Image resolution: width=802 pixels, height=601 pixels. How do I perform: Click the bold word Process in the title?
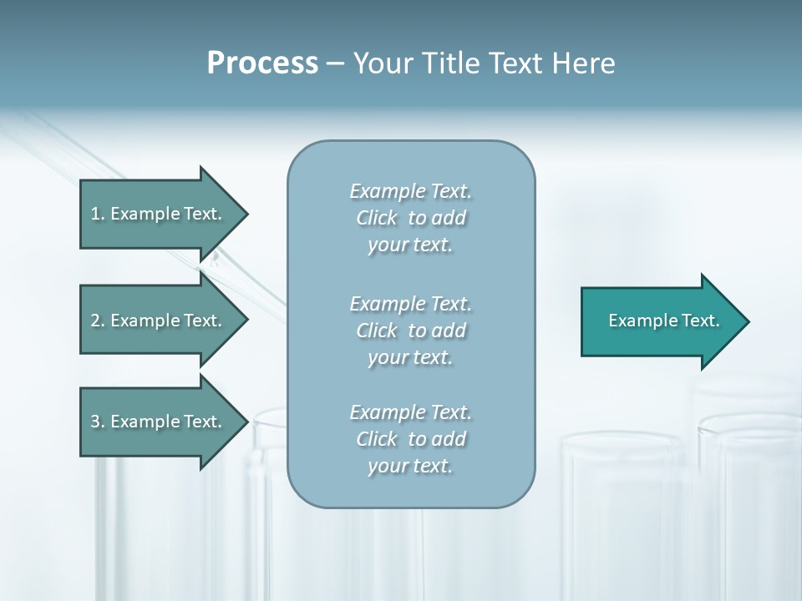(x=262, y=63)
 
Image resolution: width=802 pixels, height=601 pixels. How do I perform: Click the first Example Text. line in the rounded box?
(x=411, y=191)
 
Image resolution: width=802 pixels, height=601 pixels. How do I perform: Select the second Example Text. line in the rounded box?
(x=411, y=304)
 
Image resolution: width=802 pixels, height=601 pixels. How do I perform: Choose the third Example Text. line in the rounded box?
(x=411, y=412)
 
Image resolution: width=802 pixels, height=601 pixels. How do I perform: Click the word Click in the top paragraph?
(x=377, y=218)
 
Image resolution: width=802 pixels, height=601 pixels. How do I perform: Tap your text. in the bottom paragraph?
(x=410, y=466)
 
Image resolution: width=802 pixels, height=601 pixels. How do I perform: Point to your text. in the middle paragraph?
(x=410, y=357)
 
